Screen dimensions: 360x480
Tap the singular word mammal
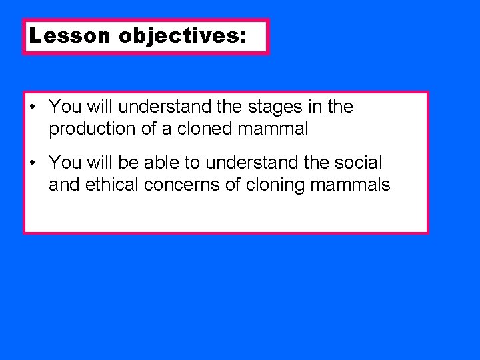click(x=279, y=129)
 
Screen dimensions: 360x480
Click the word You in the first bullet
click(x=64, y=107)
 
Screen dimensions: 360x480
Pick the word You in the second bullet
click(x=64, y=162)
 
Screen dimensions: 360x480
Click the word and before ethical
click(x=63, y=185)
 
